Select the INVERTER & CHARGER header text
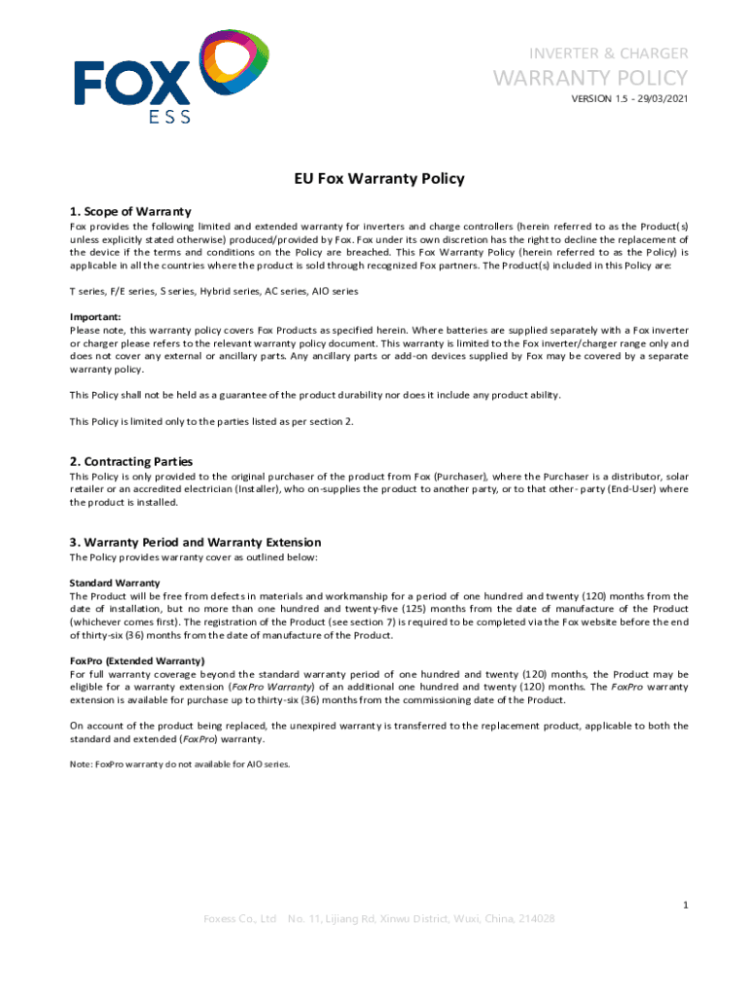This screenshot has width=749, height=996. tap(608, 53)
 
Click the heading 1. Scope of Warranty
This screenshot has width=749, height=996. tap(130, 211)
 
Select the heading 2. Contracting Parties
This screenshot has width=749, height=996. tap(131, 461)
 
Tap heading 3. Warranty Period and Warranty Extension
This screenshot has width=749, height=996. tap(196, 542)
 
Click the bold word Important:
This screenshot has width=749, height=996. tap(95, 317)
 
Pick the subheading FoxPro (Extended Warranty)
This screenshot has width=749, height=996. tap(137, 660)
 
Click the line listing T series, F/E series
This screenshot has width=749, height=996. tap(214, 291)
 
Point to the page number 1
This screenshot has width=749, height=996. tap(685, 906)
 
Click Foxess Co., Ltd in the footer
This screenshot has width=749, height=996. tap(239, 919)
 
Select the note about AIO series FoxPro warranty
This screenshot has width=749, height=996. tap(180, 764)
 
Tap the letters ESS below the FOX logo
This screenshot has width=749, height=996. tap(169, 117)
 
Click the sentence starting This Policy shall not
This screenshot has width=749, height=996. tap(315, 395)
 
